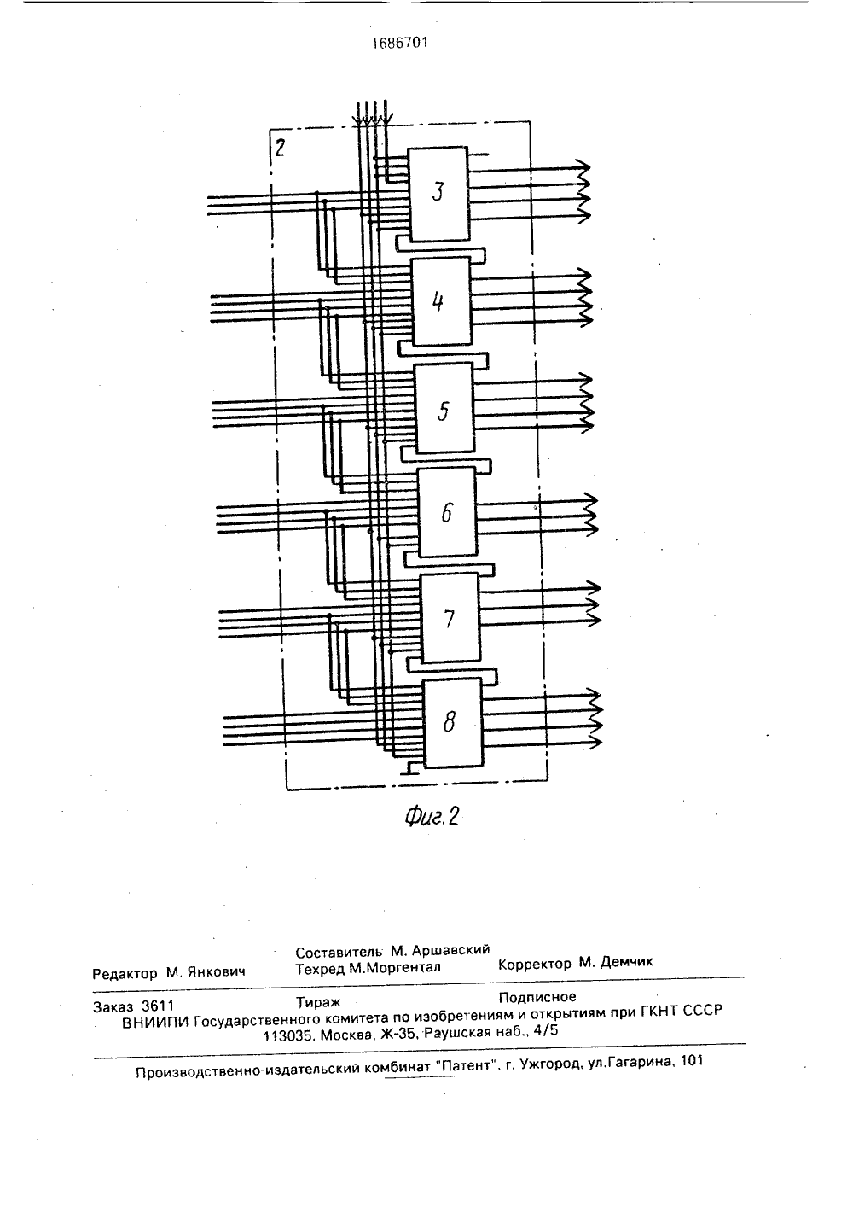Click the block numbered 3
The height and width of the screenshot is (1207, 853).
coord(438,194)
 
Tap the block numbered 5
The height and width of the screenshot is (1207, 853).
coord(444,407)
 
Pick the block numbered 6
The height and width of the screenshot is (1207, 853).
coord(447,512)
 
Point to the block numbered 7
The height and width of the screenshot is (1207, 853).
coord(450,617)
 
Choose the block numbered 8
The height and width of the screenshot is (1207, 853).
coord(452,723)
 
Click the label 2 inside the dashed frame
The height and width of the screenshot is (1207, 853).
coord(280,148)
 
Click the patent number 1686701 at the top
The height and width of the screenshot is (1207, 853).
coord(400,43)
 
